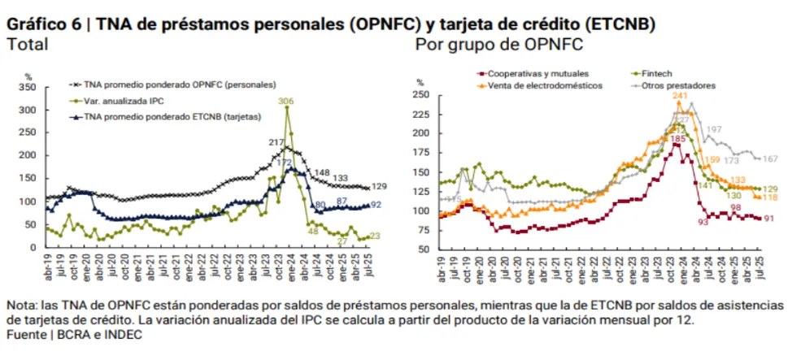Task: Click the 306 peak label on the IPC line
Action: pos(285,101)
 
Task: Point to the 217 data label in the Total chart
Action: pos(276,143)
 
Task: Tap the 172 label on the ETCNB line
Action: pos(285,163)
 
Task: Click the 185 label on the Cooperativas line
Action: pos(677,139)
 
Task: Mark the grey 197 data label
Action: pos(714,130)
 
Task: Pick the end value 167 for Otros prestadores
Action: pos(771,158)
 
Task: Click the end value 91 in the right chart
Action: pos(769,218)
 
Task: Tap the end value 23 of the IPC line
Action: pos(375,236)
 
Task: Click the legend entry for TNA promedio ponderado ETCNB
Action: pos(172,116)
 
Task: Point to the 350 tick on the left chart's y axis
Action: pos(28,86)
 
